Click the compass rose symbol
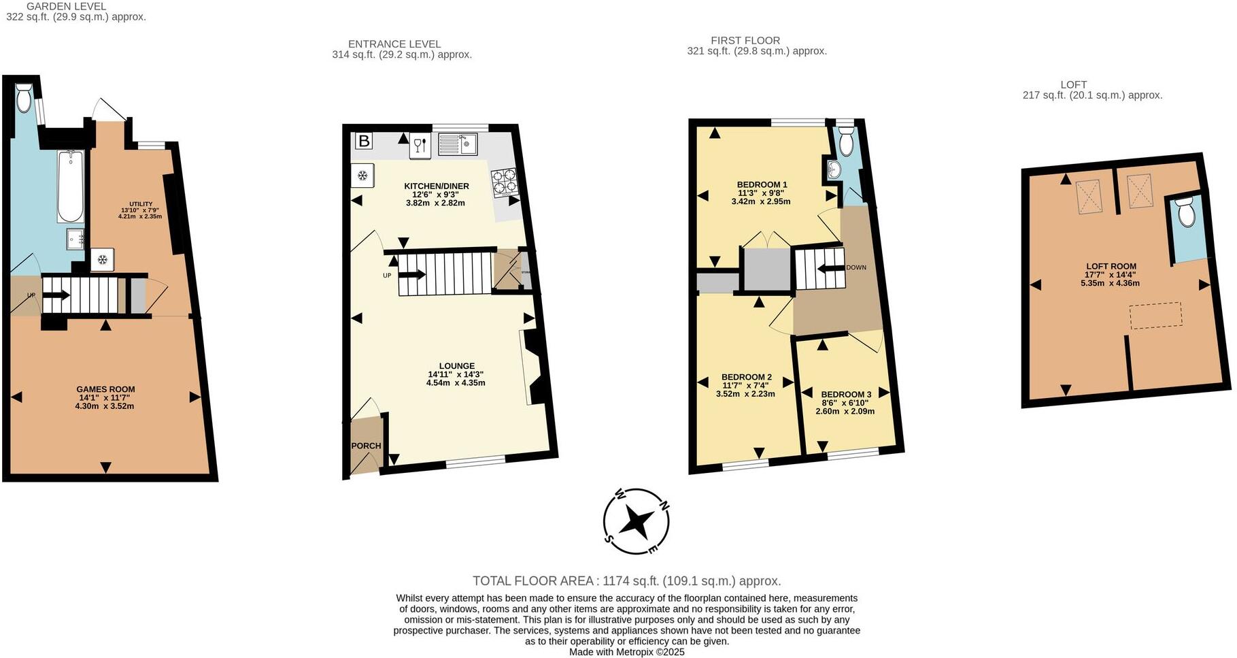tap(637, 521)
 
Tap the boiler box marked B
tap(365, 142)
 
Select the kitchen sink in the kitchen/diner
tap(458, 144)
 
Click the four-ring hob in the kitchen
tap(505, 182)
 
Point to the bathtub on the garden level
tap(70, 186)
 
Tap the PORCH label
tap(366, 446)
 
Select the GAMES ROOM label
tap(105, 389)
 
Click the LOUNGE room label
tap(456, 366)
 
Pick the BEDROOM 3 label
tap(846, 394)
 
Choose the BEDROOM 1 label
tap(762, 184)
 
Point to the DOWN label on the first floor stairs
tap(856, 267)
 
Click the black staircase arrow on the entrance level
tap(412, 275)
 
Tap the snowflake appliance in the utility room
tap(102, 260)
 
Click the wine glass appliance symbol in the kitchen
tap(420, 146)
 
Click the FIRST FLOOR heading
tap(745, 41)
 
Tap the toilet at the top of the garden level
tap(24, 99)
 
